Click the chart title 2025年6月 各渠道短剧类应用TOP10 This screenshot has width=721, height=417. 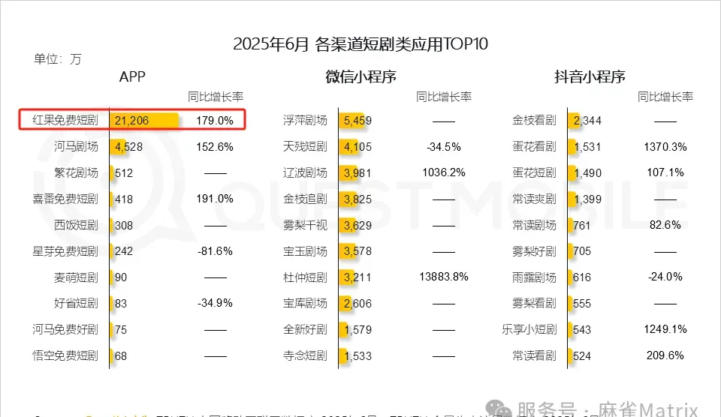click(x=360, y=43)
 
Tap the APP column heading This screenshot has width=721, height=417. click(x=132, y=76)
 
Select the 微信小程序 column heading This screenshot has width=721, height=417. click(x=360, y=76)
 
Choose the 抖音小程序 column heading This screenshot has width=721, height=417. click(x=590, y=76)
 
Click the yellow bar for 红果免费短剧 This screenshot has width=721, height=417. click(x=145, y=120)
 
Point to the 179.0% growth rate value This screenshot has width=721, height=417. click(x=215, y=120)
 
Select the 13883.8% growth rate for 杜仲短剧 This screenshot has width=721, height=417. click(x=444, y=277)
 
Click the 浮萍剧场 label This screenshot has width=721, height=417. click(x=305, y=120)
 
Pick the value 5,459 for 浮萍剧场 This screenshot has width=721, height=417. click(x=357, y=120)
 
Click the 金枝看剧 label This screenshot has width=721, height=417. click(x=534, y=120)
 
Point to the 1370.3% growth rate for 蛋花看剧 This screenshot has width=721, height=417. click(x=665, y=146)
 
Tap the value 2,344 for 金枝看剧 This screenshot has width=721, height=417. click(x=587, y=120)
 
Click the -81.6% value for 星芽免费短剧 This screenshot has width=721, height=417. click(x=215, y=251)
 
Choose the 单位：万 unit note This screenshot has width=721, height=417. click(x=58, y=59)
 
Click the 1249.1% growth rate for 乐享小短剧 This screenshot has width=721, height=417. click(x=665, y=329)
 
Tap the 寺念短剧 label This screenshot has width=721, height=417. click(x=305, y=355)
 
